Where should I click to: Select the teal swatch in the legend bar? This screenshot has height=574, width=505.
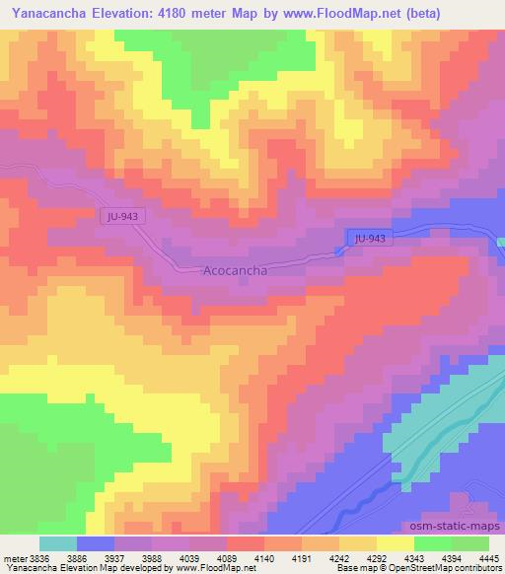58,543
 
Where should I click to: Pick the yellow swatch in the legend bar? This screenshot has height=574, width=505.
396,543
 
